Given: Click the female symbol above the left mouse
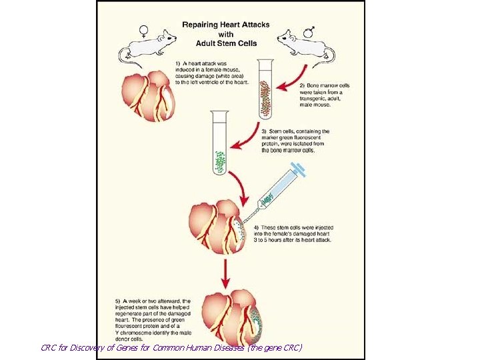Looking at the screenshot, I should [143, 29].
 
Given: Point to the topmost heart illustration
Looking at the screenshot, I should [150, 97].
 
